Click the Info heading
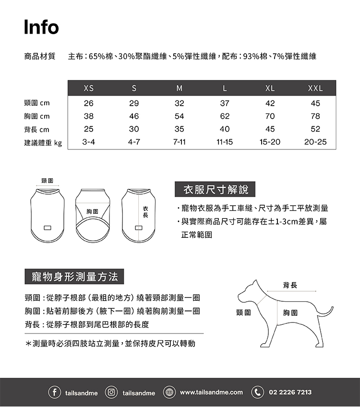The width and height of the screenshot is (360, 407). (42, 27)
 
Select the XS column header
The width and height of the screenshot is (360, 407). (88, 88)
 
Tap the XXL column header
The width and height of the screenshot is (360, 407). (315, 88)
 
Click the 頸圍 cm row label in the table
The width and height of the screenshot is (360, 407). (37, 103)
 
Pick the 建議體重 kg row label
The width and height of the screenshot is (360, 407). (43, 142)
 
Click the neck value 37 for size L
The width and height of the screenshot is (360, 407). (225, 103)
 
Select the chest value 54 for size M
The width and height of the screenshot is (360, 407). (180, 116)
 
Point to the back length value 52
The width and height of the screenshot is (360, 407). (315, 129)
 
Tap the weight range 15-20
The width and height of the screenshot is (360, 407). (270, 142)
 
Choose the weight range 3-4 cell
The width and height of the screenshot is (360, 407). (88, 142)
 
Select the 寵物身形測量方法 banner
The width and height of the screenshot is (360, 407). (74, 277)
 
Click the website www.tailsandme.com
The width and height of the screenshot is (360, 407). (211, 392)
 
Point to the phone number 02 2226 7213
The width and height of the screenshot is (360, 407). (290, 392)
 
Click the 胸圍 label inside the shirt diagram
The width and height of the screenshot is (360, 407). (92, 211)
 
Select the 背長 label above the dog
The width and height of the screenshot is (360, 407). (290, 285)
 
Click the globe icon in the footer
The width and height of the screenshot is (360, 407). (168, 392)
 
